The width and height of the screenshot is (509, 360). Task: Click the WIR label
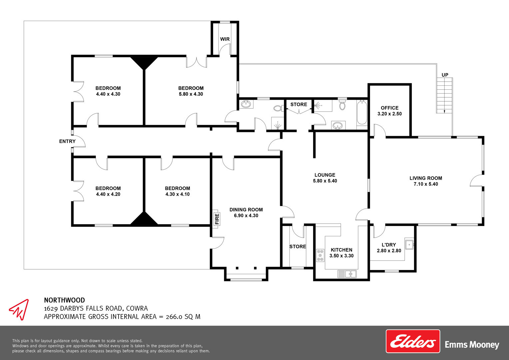225,39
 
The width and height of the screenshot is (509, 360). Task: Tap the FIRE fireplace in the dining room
217,219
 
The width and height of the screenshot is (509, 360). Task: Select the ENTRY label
67,141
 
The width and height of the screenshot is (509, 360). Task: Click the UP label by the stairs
445,75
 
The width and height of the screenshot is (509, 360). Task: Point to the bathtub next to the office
362,113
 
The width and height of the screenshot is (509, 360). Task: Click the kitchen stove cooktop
320,255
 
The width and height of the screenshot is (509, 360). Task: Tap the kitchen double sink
347,274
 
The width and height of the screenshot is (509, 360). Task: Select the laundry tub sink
409,244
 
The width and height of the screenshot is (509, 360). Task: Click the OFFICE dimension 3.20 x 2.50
389,114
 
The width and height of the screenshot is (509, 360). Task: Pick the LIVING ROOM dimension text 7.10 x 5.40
426,184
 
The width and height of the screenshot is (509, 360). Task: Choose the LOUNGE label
325,175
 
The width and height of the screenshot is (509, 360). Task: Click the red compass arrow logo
19,310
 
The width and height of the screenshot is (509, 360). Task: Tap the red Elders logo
413,341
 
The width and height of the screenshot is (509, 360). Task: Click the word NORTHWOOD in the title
65,300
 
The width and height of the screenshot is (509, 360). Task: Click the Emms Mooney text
472,345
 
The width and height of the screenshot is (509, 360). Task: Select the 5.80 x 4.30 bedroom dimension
191,94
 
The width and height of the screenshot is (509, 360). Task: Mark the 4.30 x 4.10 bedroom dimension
178,194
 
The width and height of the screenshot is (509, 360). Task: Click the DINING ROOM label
246,210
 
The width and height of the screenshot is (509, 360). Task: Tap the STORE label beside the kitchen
298,247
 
